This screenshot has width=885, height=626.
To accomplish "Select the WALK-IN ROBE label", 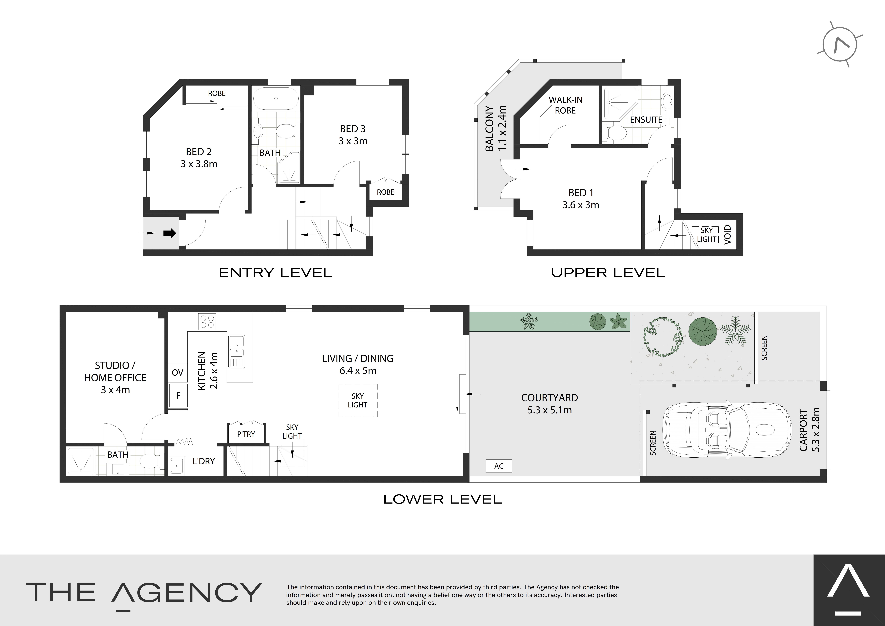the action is [x=565, y=105].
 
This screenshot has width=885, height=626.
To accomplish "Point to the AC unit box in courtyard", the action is [x=499, y=466].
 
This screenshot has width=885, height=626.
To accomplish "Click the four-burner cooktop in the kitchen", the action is [x=207, y=321].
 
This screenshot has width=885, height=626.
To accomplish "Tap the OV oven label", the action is [x=177, y=373].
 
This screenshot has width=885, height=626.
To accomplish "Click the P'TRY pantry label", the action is [x=246, y=434].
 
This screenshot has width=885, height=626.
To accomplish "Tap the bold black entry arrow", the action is [x=170, y=233].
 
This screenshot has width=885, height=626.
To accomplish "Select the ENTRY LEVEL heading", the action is [x=276, y=273].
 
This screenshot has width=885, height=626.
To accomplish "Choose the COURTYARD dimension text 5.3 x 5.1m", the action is [x=550, y=410].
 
